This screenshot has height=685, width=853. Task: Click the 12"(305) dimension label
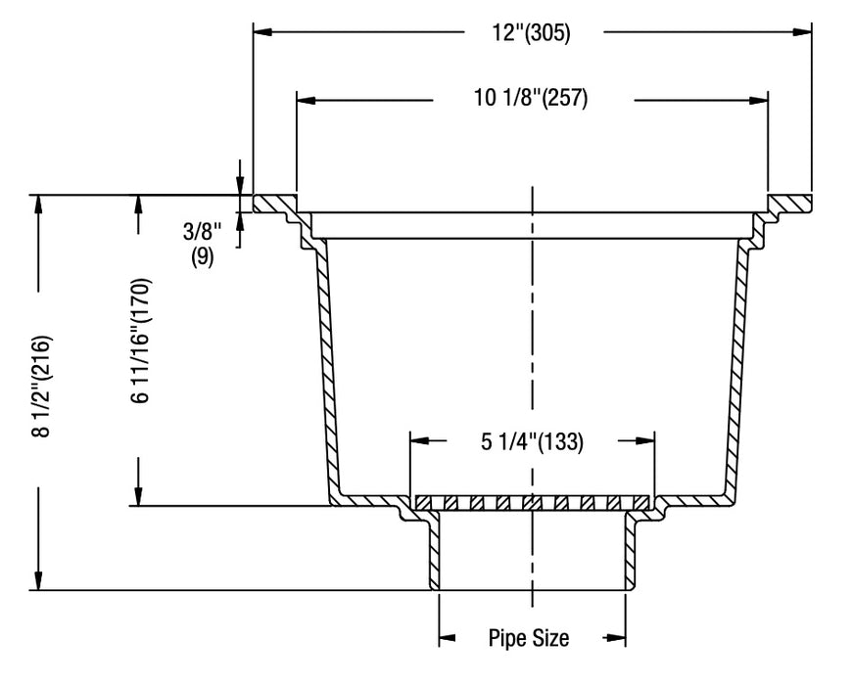point(531,32)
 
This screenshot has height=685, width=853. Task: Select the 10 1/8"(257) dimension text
point(532,99)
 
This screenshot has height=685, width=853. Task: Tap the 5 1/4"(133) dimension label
point(532,441)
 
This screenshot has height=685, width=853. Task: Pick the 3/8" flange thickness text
point(203,235)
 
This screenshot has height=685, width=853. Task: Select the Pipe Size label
point(529,639)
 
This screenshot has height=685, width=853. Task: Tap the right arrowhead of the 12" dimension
point(803,32)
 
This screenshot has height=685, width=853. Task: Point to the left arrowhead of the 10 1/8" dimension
point(306,99)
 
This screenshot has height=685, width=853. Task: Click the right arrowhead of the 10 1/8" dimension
point(758,99)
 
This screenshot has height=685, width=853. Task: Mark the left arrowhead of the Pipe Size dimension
point(447,639)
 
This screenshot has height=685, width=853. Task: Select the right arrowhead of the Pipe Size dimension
point(616,639)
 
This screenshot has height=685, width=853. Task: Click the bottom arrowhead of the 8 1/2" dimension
point(39,581)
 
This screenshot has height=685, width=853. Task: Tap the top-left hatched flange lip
point(275,204)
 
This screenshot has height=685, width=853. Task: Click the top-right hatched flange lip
point(789,204)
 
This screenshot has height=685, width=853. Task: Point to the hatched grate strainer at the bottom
point(532,503)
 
